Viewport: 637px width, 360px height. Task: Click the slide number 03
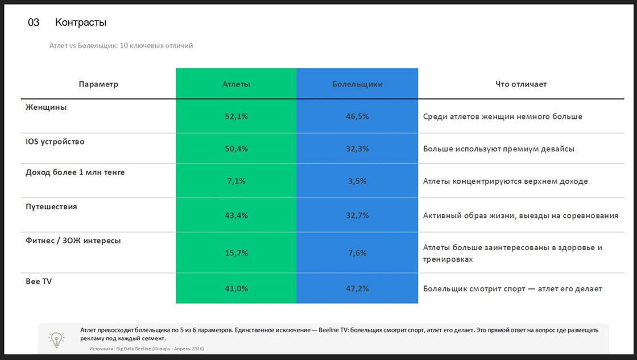(x=34, y=22)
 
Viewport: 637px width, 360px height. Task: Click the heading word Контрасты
(x=80, y=22)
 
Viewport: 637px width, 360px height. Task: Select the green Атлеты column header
(x=236, y=84)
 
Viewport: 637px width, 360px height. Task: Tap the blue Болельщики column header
(x=357, y=84)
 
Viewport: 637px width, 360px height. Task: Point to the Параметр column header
(x=98, y=84)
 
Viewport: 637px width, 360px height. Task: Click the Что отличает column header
(x=521, y=84)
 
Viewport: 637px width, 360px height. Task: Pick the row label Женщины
(x=46, y=107)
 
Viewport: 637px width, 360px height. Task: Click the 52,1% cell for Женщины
(x=236, y=116)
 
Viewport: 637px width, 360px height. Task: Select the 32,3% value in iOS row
(x=357, y=148)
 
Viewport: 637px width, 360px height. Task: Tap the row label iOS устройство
(x=55, y=142)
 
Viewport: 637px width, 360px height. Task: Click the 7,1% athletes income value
(x=236, y=181)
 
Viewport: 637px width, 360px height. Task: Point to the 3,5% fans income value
(x=357, y=181)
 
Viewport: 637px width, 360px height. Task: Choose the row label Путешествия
(x=51, y=206)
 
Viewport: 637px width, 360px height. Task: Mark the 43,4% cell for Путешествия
(x=236, y=216)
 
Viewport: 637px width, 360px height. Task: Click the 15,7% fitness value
(x=236, y=253)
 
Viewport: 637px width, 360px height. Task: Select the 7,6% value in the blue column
(x=357, y=253)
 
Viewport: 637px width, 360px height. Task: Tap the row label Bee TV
(x=39, y=281)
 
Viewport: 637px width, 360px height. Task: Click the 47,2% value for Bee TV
(x=357, y=288)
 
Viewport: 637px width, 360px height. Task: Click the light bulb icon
(x=56, y=340)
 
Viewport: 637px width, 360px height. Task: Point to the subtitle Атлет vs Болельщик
(x=83, y=45)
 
